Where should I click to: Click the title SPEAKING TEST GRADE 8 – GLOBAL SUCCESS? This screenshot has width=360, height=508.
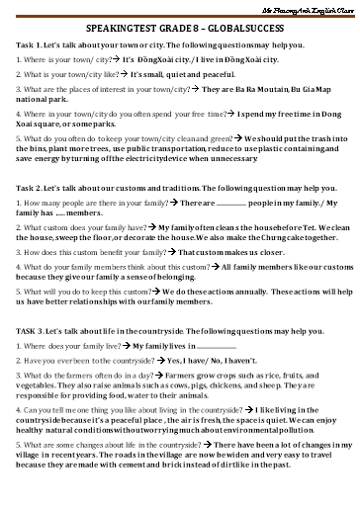click(x=179, y=31)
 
